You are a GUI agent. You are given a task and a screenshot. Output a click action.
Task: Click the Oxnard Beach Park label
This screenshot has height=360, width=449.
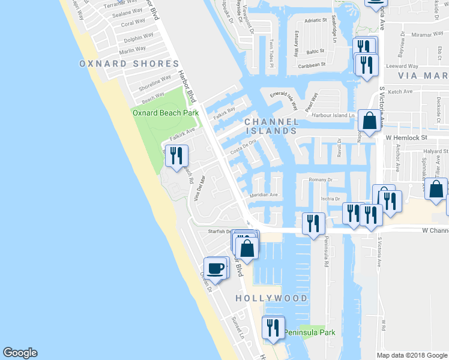(165, 112)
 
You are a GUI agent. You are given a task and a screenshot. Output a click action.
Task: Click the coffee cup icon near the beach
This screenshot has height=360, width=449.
(214, 268)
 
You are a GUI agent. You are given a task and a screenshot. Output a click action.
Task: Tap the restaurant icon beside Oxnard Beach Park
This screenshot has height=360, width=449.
(176, 156)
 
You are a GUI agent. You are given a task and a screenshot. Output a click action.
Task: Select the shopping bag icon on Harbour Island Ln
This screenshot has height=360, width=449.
(368, 121)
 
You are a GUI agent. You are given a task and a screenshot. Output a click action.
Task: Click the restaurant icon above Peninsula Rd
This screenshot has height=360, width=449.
(312, 224)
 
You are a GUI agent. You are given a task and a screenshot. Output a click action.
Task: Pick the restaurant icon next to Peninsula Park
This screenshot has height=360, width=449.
(272, 328)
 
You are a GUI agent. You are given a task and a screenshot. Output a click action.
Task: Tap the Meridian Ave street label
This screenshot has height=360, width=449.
(264, 195)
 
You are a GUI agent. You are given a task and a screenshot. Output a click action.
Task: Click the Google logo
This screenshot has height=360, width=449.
(20, 353)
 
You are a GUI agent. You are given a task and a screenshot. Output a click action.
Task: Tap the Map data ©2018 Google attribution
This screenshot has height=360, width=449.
(411, 355)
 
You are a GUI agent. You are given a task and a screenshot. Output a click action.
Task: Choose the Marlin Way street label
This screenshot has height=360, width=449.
(133, 50)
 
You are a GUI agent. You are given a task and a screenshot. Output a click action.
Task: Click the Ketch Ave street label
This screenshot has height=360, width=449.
(400, 92)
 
